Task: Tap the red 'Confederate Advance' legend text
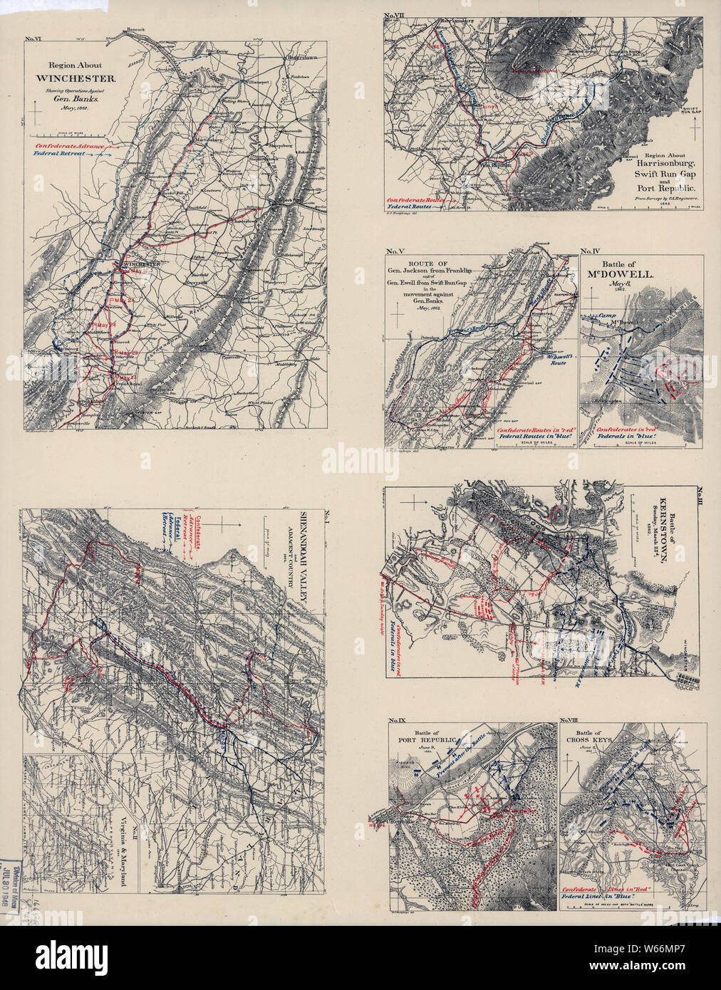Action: [68, 146]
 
